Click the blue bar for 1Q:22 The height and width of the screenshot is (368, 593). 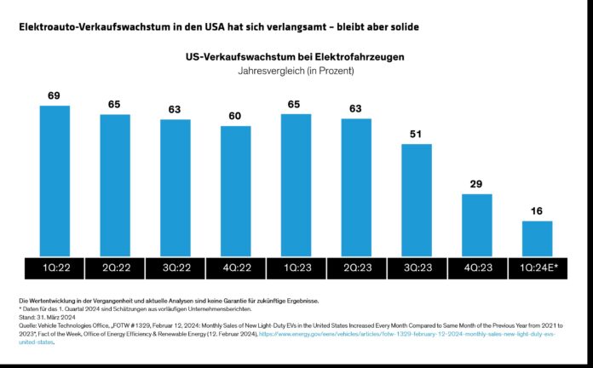point(54,180)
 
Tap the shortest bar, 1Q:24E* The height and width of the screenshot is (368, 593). point(537,238)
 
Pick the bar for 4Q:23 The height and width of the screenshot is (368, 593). point(477,224)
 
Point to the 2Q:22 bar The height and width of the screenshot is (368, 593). point(114,184)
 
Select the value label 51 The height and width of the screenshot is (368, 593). point(417,135)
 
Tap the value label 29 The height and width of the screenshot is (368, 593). point(477,185)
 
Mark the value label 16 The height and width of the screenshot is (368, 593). point(537,211)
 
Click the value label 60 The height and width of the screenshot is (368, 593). point(235,117)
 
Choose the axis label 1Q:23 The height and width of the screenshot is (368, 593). point(296,267)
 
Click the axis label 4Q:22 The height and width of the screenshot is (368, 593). point(235,267)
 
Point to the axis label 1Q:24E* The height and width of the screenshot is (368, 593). point(537,267)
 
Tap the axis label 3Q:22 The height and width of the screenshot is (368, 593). point(175,267)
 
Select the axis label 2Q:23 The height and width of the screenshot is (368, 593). point(356,267)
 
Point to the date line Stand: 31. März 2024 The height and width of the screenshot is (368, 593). point(45,318)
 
